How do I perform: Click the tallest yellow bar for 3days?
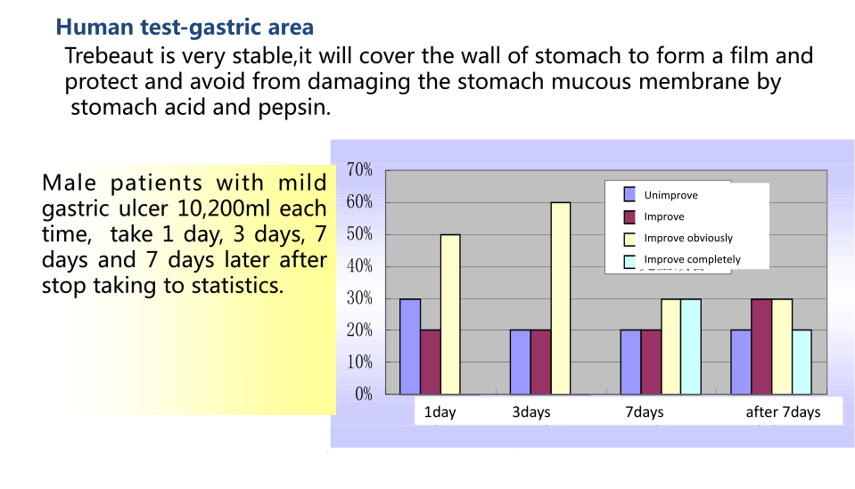tap(561, 297)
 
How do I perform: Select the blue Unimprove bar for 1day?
tap(410, 346)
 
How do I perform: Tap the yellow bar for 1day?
tap(450, 314)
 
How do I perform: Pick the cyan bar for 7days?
tap(691, 346)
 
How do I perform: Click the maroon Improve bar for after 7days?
tap(761, 346)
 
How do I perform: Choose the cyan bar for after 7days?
tap(802, 363)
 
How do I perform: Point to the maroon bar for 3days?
tap(540, 363)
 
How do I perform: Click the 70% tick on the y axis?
tap(360, 170)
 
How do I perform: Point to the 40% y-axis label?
tap(360, 266)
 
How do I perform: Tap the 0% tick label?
tap(364, 394)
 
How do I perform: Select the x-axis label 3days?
tap(531, 412)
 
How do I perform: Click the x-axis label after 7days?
tap(783, 412)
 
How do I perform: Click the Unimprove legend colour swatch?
tap(629, 194)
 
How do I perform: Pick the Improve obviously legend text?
tap(688, 238)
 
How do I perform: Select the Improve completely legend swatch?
tap(629, 261)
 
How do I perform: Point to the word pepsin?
tap(294, 108)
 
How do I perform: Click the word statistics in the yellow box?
tap(237, 285)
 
